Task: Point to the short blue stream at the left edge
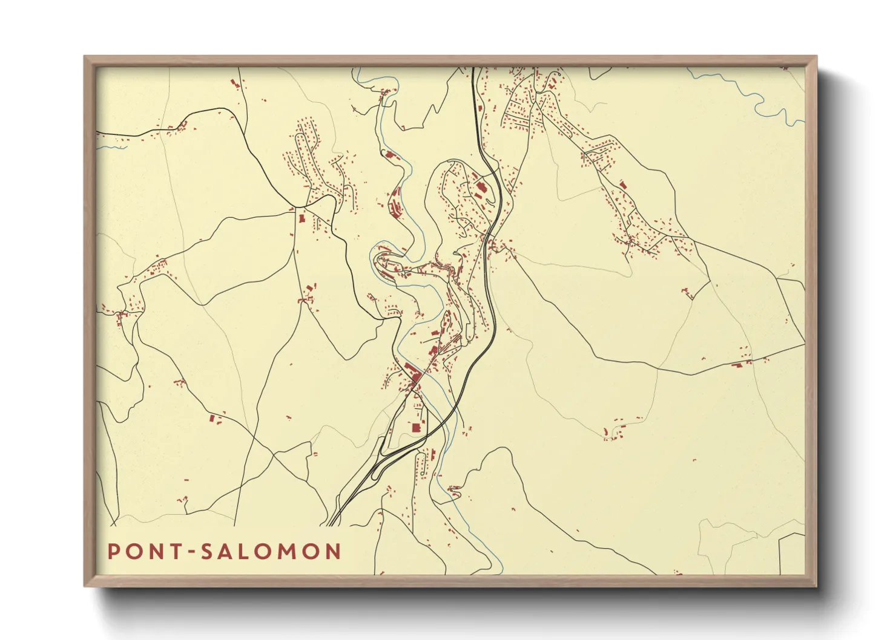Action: pos(111,146)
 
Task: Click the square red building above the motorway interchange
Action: pos(416,428)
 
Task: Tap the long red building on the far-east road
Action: pos(737,365)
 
